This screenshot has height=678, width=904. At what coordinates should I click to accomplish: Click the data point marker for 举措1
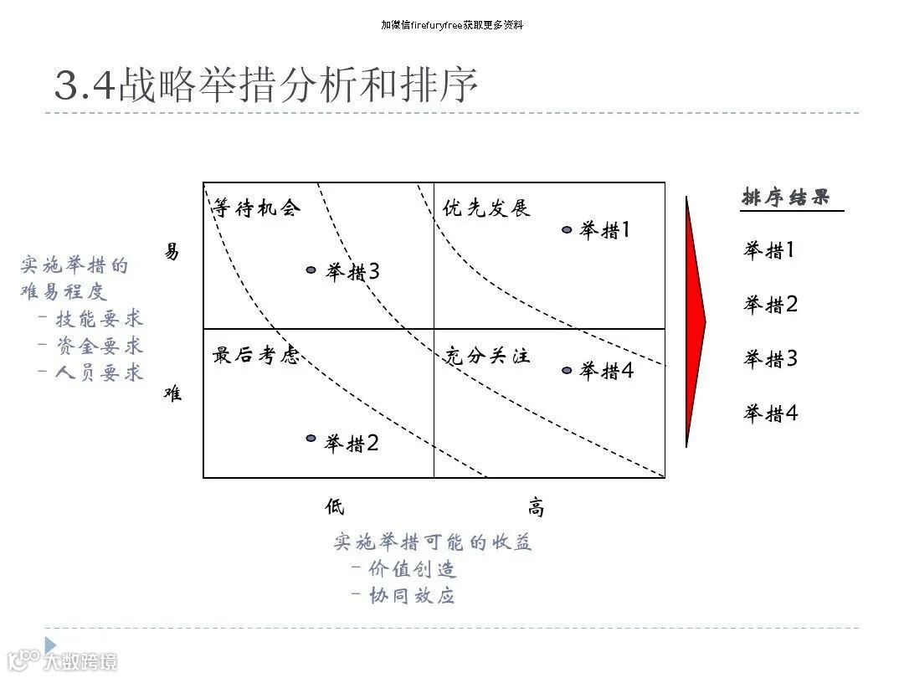point(567,229)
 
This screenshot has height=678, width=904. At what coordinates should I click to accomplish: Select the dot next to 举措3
point(311,270)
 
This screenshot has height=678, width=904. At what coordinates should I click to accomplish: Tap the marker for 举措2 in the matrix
point(311,438)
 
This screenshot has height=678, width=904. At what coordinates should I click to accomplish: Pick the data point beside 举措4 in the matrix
point(567,370)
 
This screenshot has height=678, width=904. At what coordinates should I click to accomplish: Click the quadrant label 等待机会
point(255,208)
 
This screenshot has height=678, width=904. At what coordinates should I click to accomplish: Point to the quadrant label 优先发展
point(487,208)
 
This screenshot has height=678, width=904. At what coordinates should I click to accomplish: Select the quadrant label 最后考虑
point(255,356)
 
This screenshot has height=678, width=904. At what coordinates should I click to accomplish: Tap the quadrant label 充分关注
point(487,356)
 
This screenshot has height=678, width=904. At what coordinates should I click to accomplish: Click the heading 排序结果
point(787,198)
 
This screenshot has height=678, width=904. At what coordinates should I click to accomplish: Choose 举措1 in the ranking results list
point(770,250)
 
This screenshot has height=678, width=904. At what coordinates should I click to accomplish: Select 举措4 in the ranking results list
point(770,413)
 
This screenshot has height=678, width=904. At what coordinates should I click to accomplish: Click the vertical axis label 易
point(172,252)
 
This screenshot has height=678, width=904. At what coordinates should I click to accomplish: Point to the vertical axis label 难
point(172,393)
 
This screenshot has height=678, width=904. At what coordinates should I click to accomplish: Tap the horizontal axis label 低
point(335,506)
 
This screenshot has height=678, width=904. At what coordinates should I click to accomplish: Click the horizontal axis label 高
point(536,507)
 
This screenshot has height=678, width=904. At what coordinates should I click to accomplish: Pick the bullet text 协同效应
point(413,596)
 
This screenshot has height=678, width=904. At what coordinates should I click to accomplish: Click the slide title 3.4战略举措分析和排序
point(266,85)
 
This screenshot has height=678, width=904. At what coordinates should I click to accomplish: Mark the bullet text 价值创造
point(413,569)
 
